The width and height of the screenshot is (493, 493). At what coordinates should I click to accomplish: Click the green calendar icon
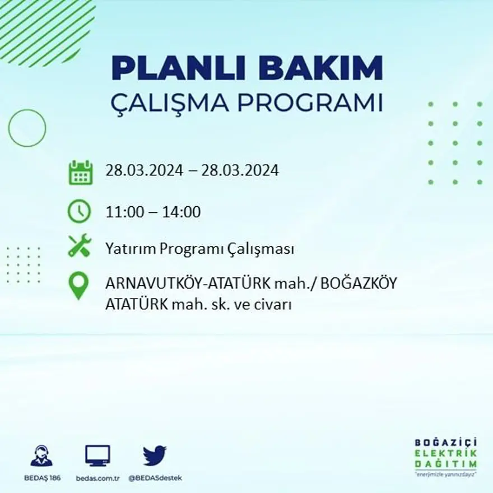coord(80,172)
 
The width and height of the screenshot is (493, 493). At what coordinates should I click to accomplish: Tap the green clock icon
coord(79,212)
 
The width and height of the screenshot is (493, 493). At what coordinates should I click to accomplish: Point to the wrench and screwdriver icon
coord(79,246)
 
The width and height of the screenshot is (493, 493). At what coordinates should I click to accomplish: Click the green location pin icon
coord(79,285)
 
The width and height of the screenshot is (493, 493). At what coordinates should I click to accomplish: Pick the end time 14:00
coord(181,212)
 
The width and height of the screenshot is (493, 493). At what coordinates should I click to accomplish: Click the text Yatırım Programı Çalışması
coord(199,249)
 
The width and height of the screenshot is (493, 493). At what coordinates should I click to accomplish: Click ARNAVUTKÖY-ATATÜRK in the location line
coord(188,284)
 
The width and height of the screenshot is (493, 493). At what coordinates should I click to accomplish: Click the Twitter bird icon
coord(155,455)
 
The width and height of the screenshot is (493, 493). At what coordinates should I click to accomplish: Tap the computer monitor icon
coord(97,456)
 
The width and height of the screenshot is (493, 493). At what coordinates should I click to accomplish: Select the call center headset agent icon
coord(41,456)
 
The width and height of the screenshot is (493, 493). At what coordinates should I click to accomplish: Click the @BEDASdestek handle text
coord(155,478)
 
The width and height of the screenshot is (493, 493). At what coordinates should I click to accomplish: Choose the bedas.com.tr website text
coord(97,478)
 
